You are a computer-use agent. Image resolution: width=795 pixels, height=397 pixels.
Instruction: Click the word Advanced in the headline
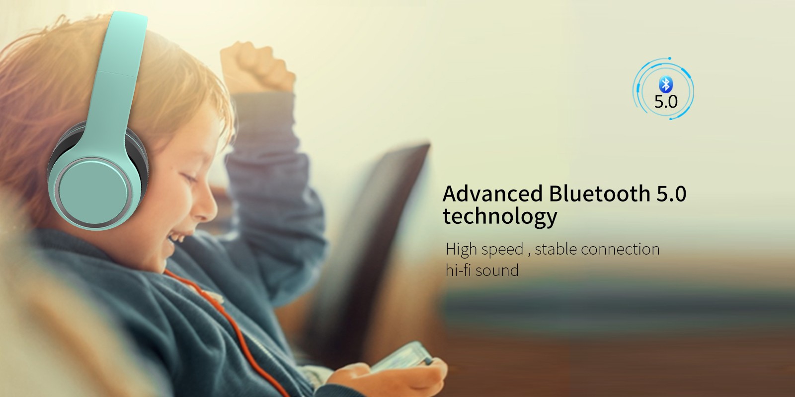tap(492, 194)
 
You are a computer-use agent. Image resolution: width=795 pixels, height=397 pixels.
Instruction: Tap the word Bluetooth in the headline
tap(600, 194)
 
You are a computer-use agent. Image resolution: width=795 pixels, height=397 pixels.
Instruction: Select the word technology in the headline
tap(500, 216)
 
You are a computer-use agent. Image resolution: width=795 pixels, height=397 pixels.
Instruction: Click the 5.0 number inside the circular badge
tap(666, 102)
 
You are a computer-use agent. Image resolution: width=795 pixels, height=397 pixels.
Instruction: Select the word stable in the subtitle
tap(556, 249)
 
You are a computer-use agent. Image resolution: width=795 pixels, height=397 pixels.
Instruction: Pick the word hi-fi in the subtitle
tap(458, 270)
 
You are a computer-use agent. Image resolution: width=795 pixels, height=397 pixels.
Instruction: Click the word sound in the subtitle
tap(497, 270)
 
